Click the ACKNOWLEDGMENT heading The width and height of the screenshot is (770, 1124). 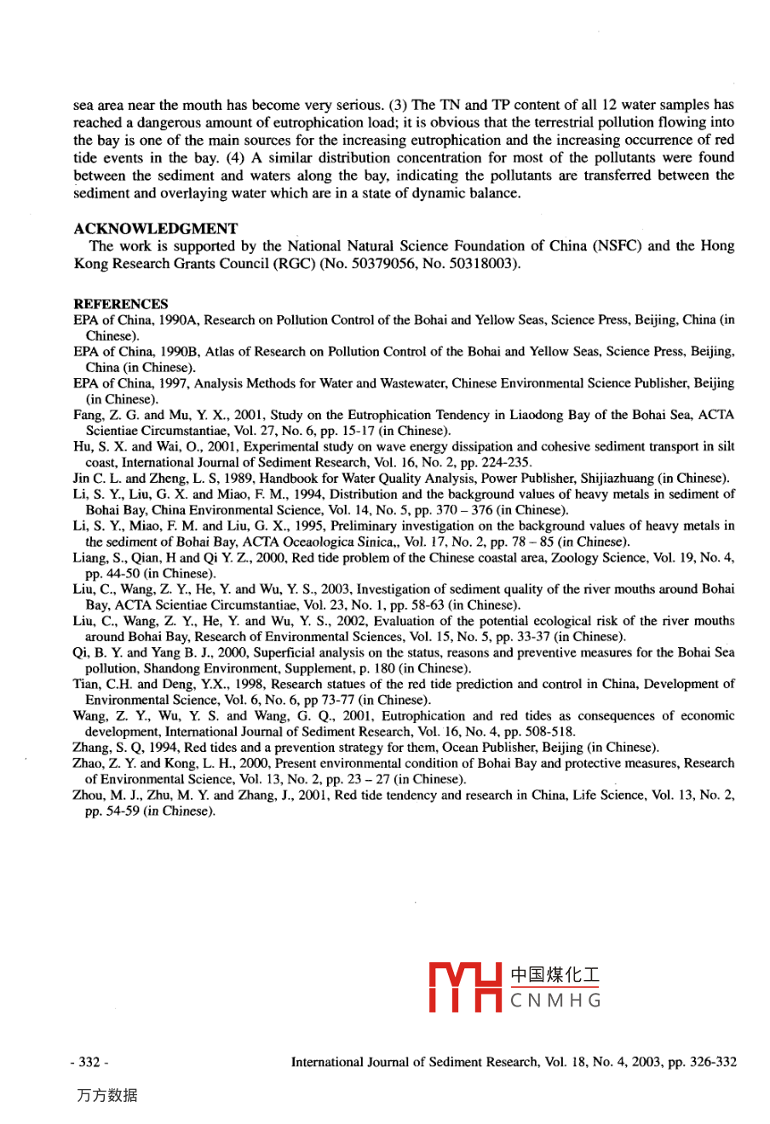point(156,228)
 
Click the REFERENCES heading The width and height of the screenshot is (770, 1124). point(121,304)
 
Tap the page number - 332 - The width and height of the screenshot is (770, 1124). point(90,1062)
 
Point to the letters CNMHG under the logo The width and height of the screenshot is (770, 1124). point(555,1001)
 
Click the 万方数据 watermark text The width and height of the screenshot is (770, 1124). point(106,1096)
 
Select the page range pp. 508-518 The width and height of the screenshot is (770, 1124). point(545,731)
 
